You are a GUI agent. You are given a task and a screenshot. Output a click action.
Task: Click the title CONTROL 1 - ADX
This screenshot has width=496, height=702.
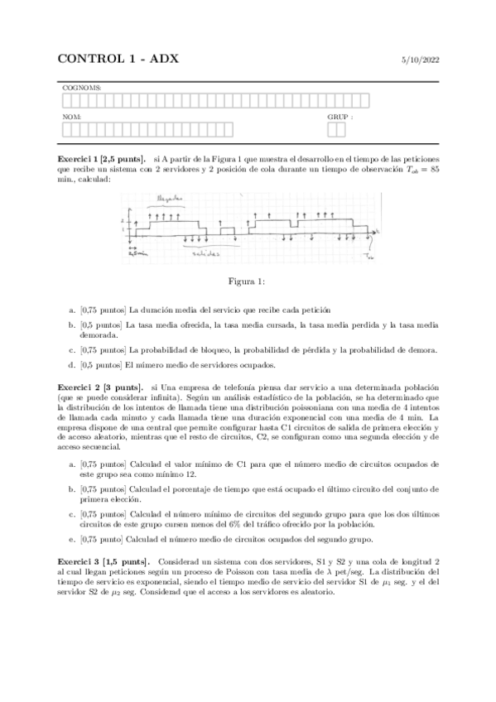(118, 59)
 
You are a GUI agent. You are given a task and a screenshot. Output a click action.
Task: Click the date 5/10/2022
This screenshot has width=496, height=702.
(419, 60)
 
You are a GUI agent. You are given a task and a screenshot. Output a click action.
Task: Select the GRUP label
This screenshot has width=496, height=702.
(339, 117)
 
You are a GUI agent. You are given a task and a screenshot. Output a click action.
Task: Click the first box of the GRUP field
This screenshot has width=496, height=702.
(331, 129)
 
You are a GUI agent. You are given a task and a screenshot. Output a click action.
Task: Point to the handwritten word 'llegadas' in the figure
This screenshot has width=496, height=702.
(171, 200)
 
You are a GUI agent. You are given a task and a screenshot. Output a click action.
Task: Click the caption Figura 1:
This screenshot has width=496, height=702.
(248, 281)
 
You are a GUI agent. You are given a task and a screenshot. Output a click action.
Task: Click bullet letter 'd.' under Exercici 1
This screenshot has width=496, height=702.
(72, 364)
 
